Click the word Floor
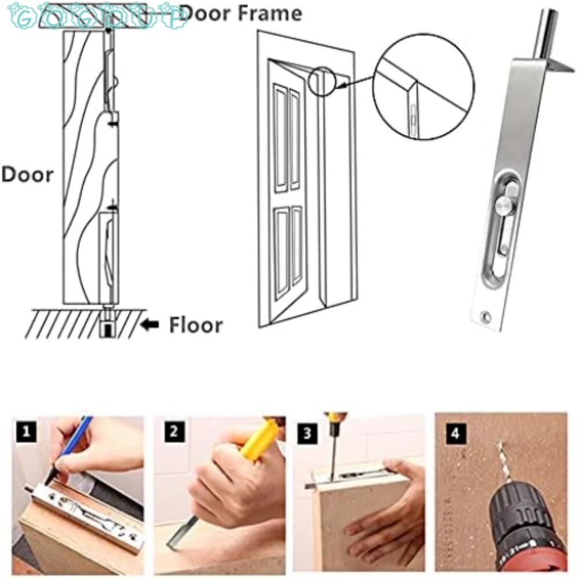pyautogui.click(x=195, y=325)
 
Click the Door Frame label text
pyautogui.click(x=240, y=13)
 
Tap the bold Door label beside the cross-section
pyautogui.click(x=27, y=174)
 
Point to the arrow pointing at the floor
pyautogui.click(x=151, y=325)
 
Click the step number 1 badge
pyautogui.click(x=25, y=431)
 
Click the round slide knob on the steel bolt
pyautogui.click(x=504, y=204)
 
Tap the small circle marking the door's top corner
pyautogui.click(x=323, y=80)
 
